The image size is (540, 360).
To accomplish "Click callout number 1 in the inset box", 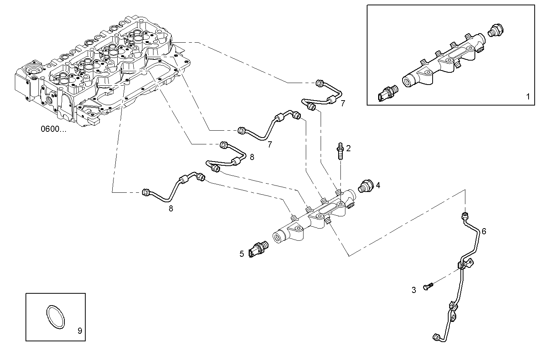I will (x=527, y=97).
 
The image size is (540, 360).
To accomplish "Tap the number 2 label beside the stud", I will (x=348, y=148).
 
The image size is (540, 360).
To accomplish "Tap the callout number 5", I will (x=241, y=254).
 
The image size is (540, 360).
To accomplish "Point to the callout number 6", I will (x=484, y=231).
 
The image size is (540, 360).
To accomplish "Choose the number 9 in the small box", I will (x=80, y=331).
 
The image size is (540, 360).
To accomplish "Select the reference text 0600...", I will (x=53, y=129).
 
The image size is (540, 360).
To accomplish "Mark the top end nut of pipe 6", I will (x=464, y=216).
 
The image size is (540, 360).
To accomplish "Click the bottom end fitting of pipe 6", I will (x=436, y=337).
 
